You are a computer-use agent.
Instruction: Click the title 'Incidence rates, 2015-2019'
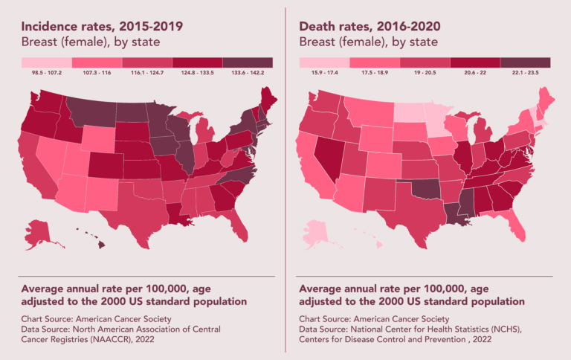pyautogui.click(x=102, y=27)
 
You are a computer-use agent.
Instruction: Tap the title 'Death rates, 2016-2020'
pyautogui.click(x=370, y=27)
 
